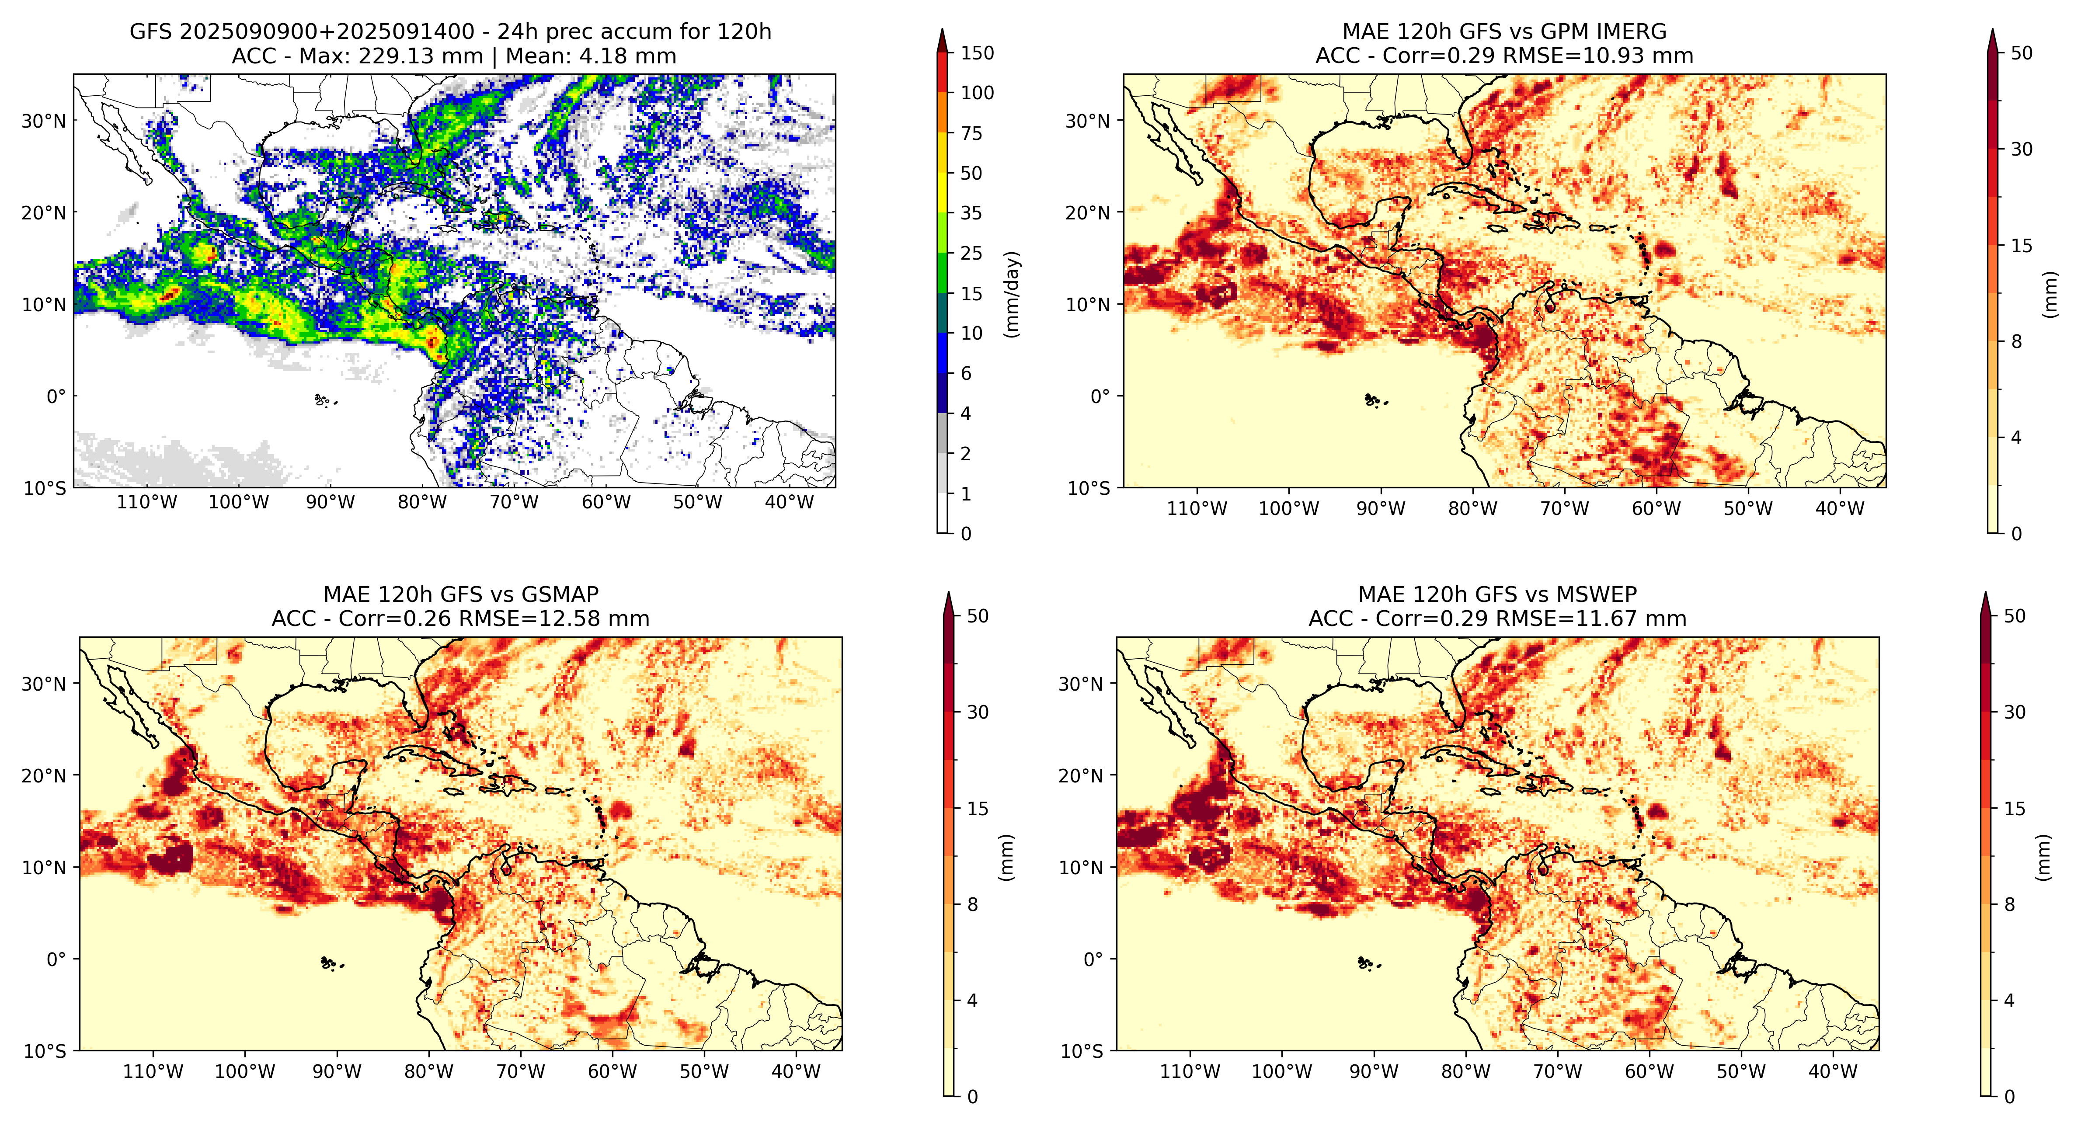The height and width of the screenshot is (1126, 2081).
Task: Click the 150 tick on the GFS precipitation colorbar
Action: [977, 53]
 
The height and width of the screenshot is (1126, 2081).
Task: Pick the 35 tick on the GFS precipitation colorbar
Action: [971, 213]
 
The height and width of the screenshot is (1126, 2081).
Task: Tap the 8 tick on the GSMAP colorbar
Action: [973, 905]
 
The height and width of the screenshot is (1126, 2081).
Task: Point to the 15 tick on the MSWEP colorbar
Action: [2015, 809]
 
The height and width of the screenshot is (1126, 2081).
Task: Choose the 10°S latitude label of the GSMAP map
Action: [45, 1051]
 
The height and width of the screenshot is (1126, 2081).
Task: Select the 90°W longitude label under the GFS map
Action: [331, 502]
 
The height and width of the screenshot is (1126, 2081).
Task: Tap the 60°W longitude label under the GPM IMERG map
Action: [1656, 509]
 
